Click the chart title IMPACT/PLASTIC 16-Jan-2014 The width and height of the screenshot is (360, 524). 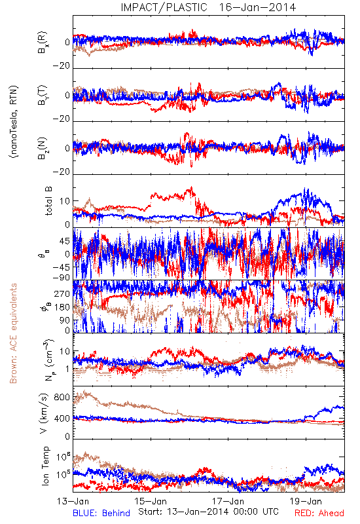[208, 7]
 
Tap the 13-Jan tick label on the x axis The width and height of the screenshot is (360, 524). [73, 501]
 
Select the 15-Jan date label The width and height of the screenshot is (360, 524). [151, 501]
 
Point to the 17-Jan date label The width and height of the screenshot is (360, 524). [228, 501]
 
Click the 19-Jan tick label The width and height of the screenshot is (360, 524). [306, 501]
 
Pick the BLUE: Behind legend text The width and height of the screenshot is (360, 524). [101, 513]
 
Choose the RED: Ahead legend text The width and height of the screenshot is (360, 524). [319, 513]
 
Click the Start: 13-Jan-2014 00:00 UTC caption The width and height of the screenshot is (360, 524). [208, 512]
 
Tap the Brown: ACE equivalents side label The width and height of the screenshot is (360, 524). [13, 333]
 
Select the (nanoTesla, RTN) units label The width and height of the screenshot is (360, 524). [14, 122]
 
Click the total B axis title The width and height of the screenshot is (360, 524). [48, 200]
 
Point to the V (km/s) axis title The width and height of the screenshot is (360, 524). [44, 413]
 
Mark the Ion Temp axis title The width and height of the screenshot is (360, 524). [46, 466]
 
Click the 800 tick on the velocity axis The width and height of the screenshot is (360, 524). [62, 398]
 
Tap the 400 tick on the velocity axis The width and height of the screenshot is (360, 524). [62, 419]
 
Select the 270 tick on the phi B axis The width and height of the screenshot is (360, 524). [62, 293]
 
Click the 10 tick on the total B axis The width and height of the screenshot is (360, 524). [65, 201]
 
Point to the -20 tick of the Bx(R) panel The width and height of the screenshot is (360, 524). [62, 66]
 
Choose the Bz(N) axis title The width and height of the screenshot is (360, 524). [43, 148]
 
